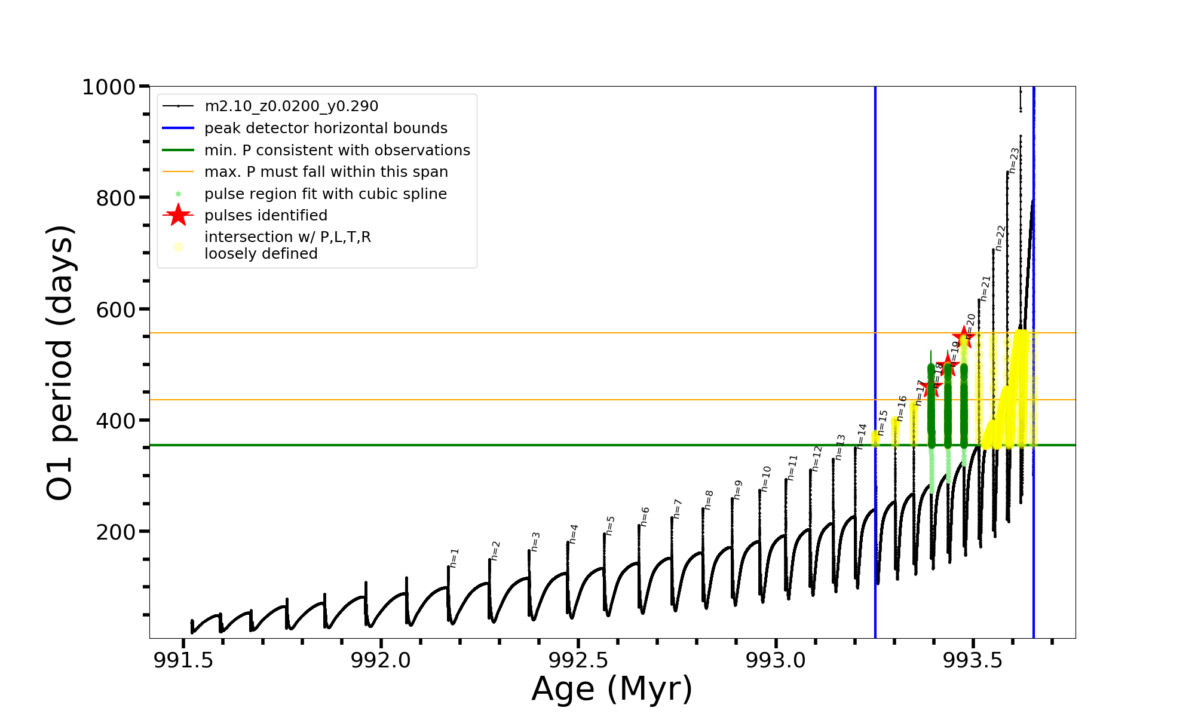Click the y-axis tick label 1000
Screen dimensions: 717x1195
(x=109, y=87)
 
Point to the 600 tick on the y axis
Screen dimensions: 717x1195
(x=115, y=310)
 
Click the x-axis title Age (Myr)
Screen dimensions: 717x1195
(x=612, y=689)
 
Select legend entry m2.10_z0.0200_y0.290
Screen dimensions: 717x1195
(x=291, y=106)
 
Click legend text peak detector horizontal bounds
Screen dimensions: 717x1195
(x=326, y=128)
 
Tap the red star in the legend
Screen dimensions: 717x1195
(x=178, y=215)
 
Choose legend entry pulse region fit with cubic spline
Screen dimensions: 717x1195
(x=325, y=194)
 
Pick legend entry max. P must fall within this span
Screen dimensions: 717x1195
(x=326, y=172)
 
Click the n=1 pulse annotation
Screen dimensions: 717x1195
(x=454, y=557)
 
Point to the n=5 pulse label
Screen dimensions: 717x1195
(x=610, y=525)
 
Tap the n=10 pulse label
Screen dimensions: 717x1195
(x=766, y=479)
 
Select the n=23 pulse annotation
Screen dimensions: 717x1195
(x=1014, y=160)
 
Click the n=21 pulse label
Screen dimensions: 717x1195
(x=985, y=288)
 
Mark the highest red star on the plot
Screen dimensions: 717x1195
(x=964, y=337)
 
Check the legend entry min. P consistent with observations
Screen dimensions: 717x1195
(x=337, y=151)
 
